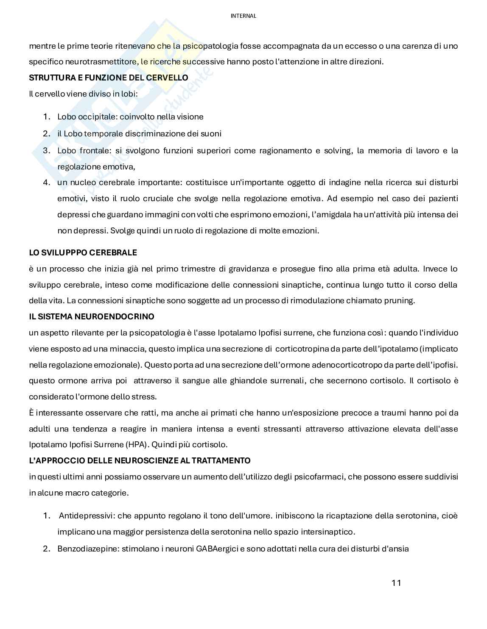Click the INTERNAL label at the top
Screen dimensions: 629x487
coord(243,16)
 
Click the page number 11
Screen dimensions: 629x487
coord(396,583)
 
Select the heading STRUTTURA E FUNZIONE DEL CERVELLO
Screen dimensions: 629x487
coord(108,78)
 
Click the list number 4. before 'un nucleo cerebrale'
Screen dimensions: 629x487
coord(47,183)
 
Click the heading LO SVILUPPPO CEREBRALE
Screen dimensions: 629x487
coord(83,253)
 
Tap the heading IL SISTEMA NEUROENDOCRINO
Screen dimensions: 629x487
coord(92,317)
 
